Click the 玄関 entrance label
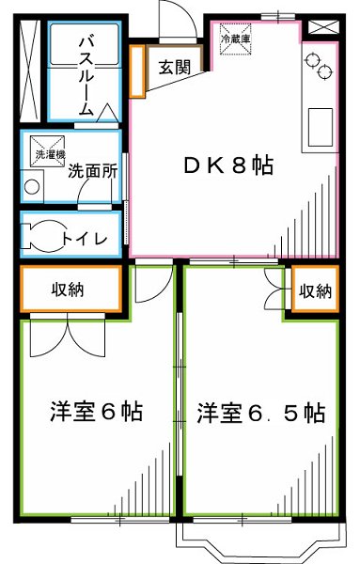(173, 67)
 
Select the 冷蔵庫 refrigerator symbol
(234, 39)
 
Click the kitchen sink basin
(320, 123)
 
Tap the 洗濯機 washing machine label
(46, 153)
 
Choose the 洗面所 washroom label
(92, 172)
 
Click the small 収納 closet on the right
(315, 290)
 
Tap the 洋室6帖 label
(96, 413)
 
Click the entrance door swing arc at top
(177, 19)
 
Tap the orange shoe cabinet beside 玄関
(137, 70)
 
